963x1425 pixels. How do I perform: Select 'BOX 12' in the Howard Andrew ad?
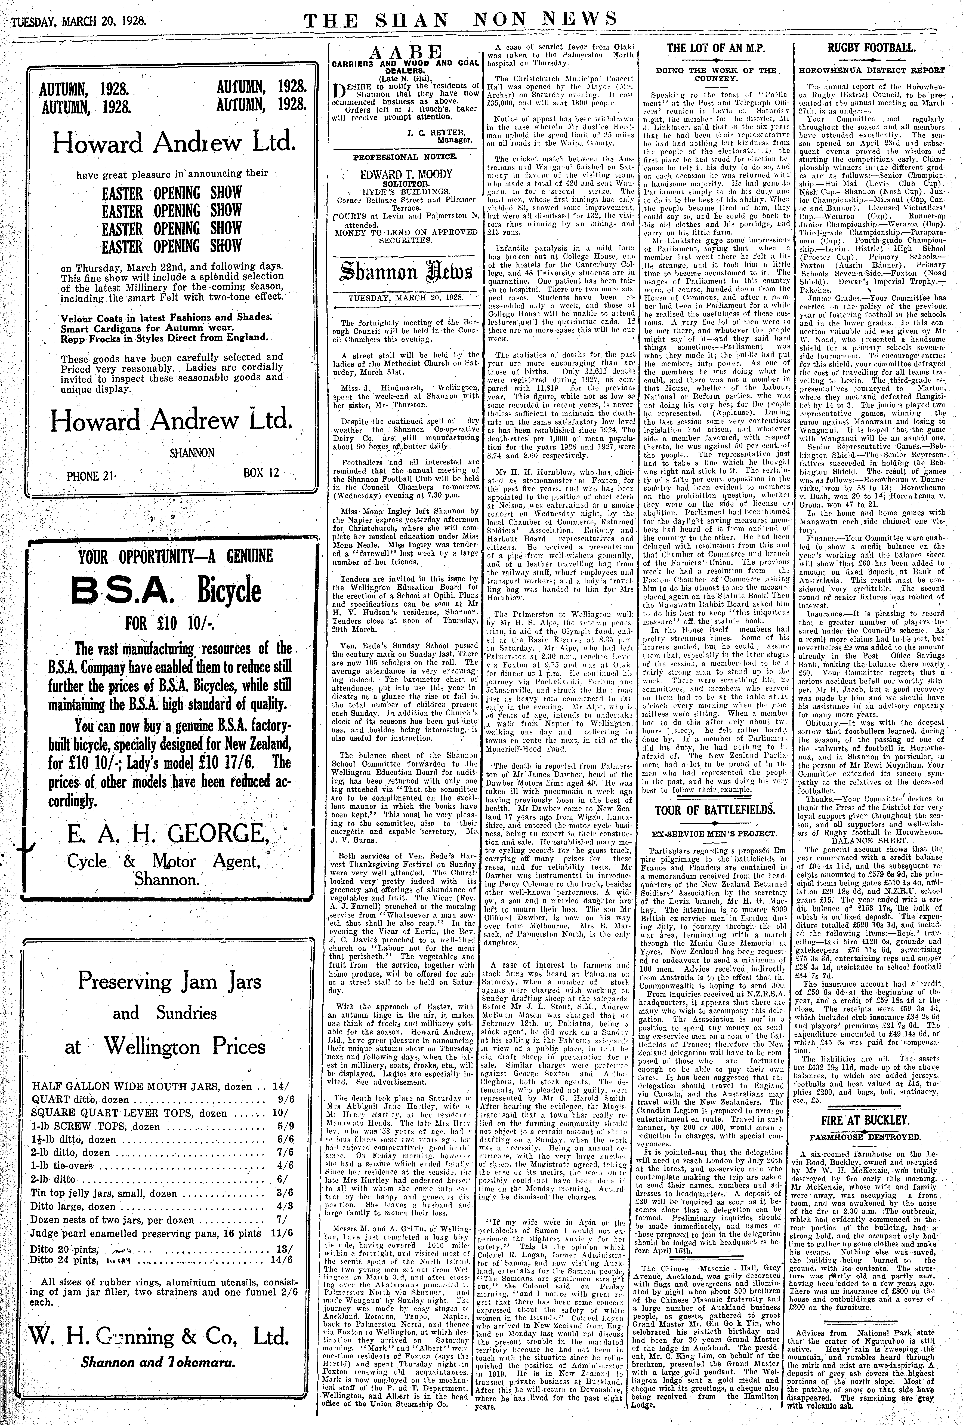(261, 473)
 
